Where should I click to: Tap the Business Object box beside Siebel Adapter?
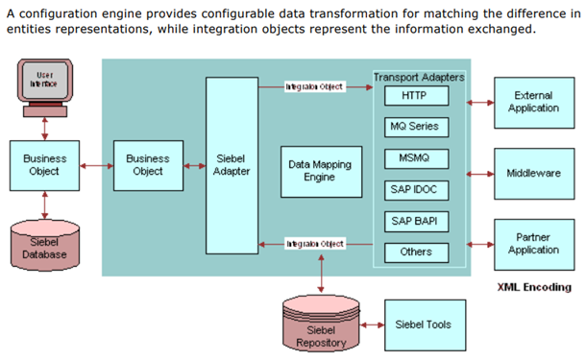coord(147,165)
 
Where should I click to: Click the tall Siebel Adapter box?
coord(232,165)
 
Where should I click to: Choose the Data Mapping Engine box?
coord(319,171)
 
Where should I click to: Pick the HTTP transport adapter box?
coord(413,96)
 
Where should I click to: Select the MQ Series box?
coord(413,127)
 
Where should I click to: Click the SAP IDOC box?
coord(413,190)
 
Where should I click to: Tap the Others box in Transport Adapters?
coord(413,252)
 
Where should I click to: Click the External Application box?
coord(534,102)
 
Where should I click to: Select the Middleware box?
coord(534,174)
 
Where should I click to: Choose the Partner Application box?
coord(534,244)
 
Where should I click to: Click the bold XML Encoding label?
coord(533,287)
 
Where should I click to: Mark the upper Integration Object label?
coord(314,86)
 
